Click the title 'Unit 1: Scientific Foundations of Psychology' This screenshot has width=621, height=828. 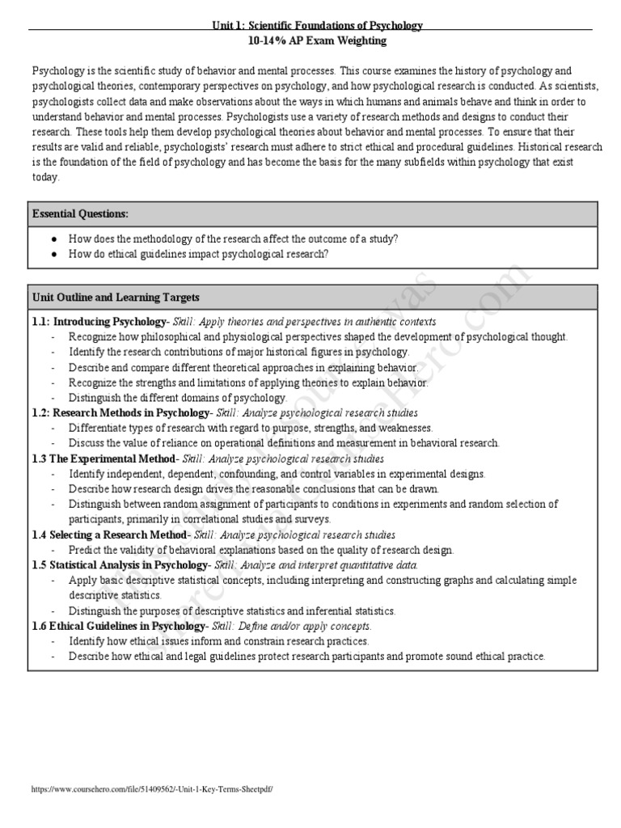(x=317, y=26)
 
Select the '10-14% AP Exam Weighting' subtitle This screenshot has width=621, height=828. (x=317, y=40)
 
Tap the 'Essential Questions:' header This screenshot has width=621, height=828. (x=80, y=213)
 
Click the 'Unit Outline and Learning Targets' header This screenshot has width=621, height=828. (x=116, y=298)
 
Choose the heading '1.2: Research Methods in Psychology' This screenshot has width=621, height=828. (x=120, y=413)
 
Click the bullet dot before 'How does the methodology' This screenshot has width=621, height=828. (x=53, y=239)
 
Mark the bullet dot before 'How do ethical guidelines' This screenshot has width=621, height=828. (x=53, y=254)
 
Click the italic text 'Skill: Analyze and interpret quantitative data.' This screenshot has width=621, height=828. (x=316, y=564)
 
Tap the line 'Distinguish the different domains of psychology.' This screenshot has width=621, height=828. (x=178, y=398)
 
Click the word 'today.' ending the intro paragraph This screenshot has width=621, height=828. (x=46, y=177)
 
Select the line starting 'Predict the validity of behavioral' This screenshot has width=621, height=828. (x=261, y=550)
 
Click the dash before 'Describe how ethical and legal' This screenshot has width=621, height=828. (x=53, y=657)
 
